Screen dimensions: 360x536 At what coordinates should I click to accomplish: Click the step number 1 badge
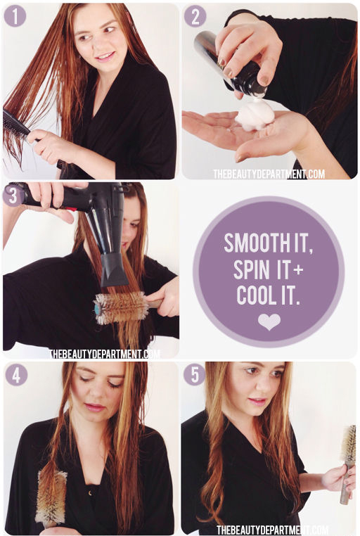tap(15, 15)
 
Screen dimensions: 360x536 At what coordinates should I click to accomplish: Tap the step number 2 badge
tap(195, 16)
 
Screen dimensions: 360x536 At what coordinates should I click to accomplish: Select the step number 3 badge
tap(13, 196)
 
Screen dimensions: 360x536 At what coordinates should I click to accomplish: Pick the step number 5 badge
tap(194, 375)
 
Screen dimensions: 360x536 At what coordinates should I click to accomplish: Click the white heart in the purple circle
tap(269, 321)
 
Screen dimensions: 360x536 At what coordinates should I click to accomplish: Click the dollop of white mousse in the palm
tap(255, 115)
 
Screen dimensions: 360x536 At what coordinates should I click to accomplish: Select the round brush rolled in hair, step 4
tap(51, 497)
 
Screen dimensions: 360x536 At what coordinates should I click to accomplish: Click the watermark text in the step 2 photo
tap(269, 174)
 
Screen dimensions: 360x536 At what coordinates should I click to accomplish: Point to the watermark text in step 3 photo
tap(104, 354)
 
